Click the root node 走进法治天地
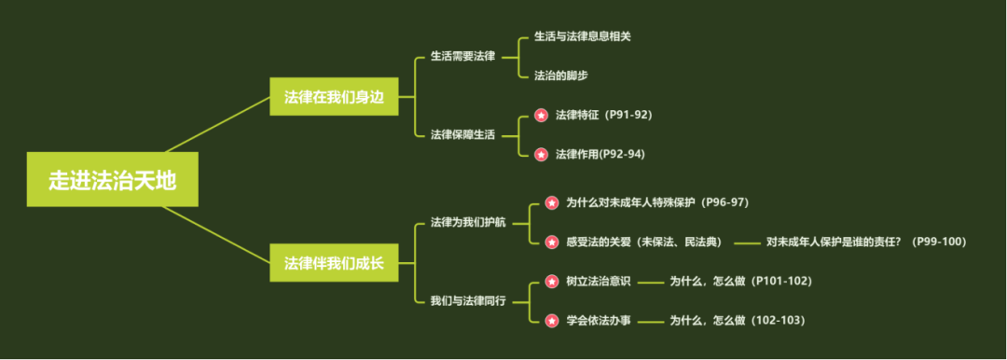coord(112,179)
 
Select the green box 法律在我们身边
coord(334,97)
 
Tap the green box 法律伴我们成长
coord(334,263)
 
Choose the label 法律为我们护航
coord(468,222)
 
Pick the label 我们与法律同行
coord(468,300)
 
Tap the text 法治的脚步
coord(560,76)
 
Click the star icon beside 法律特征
coord(541,116)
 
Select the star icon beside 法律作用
coord(541,154)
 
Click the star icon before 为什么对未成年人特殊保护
coord(551,202)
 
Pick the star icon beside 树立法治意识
coord(551,281)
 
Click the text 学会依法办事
coord(598,320)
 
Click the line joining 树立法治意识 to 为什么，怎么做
coord(651,282)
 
